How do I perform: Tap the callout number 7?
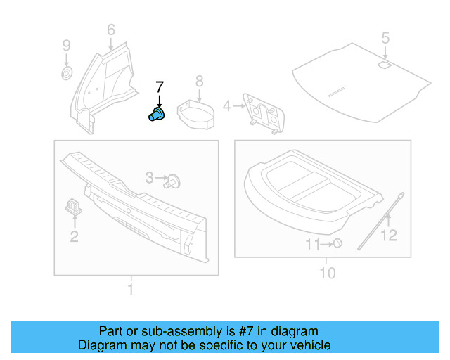159,86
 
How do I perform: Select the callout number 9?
66,46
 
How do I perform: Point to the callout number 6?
110,30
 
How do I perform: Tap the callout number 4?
226,106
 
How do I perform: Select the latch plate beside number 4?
263,112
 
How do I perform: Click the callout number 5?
385,37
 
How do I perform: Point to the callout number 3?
150,179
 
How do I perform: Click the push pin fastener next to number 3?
173,181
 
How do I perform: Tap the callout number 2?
74,236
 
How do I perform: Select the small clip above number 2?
74,205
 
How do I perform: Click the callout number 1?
130,289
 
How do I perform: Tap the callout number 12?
389,236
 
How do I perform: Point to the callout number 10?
328,273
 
